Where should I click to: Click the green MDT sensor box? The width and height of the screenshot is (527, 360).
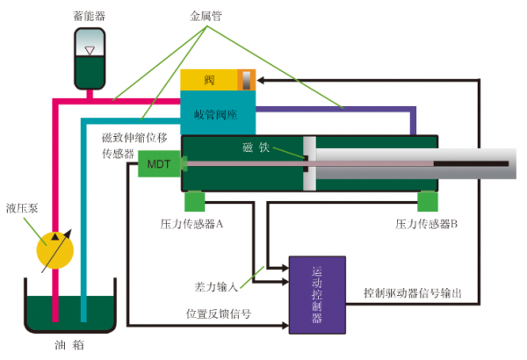[159, 164]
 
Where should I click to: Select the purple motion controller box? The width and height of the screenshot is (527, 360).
[317, 295]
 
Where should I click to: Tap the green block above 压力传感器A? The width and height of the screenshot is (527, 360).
[195, 201]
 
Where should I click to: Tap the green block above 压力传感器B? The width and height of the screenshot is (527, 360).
[428, 201]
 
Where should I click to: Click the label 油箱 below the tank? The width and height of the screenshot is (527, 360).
[69, 345]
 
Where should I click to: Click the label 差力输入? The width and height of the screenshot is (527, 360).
[217, 286]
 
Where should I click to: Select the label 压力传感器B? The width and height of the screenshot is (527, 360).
[428, 225]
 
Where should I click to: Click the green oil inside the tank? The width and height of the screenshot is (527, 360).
[69, 313]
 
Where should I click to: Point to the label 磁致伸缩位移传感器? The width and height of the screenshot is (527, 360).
[132, 146]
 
